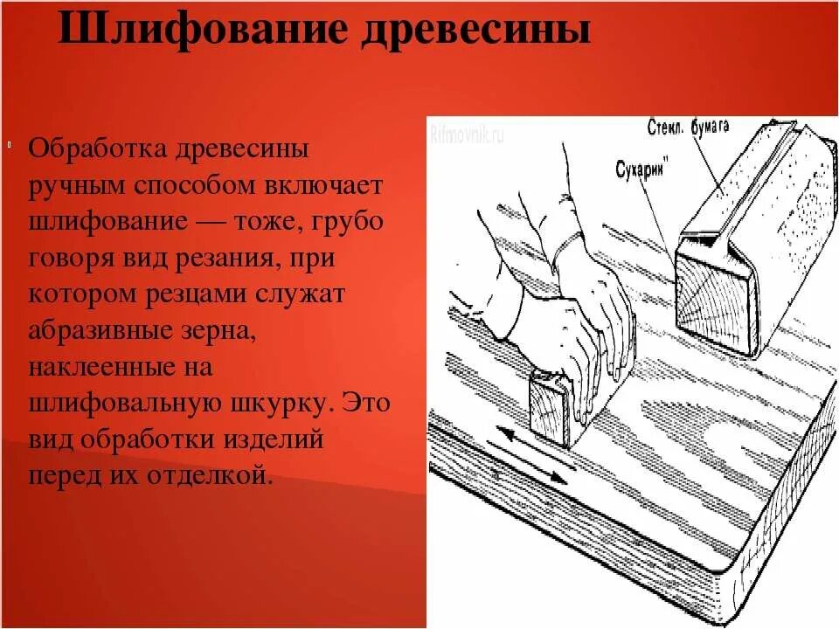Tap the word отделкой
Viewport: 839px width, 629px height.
pos(211,477)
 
